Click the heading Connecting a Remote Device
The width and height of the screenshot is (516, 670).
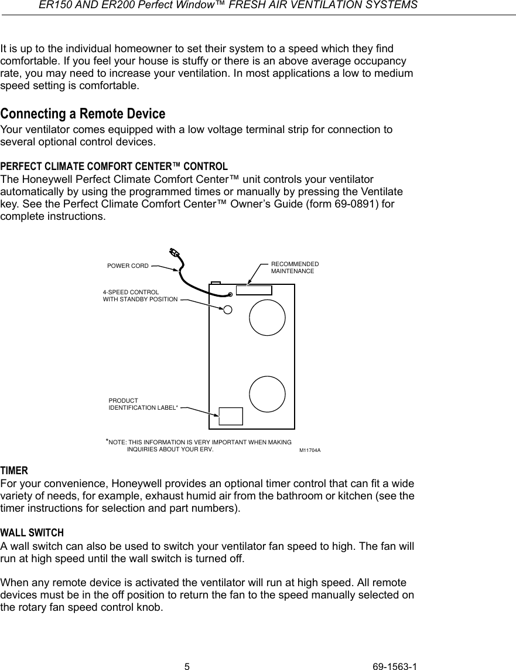tap(83, 113)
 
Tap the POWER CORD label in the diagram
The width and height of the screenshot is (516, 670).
tap(128, 266)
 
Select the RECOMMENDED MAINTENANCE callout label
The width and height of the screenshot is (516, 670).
tap(295, 268)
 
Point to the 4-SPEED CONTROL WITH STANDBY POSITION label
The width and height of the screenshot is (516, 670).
tap(140, 295)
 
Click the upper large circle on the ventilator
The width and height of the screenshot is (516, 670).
tap(267, 317)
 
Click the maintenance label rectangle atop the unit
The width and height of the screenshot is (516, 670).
tap(254, 290)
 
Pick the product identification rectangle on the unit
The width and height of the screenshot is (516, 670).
tap(231, 416)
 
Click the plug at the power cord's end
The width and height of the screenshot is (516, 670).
tap(174, 253)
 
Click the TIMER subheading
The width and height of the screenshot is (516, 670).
tap(13, 471)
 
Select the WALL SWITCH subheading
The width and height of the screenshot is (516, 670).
tap(32, 533)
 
